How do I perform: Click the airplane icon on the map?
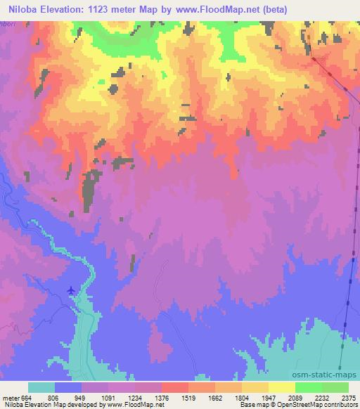tap(71, 290)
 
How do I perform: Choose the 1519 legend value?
tap(188, 397)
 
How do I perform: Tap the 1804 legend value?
tap(241, 397)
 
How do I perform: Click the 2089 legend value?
tap(295, 397)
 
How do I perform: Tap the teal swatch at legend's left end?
tap(41, 387)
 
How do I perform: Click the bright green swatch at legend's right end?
tap(335, 387)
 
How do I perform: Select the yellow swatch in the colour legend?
tap(282, 387)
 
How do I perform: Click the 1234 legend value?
tap(134, 397)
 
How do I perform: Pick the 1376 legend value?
tap(161, 397)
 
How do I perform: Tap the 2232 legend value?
tap(322, 397)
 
